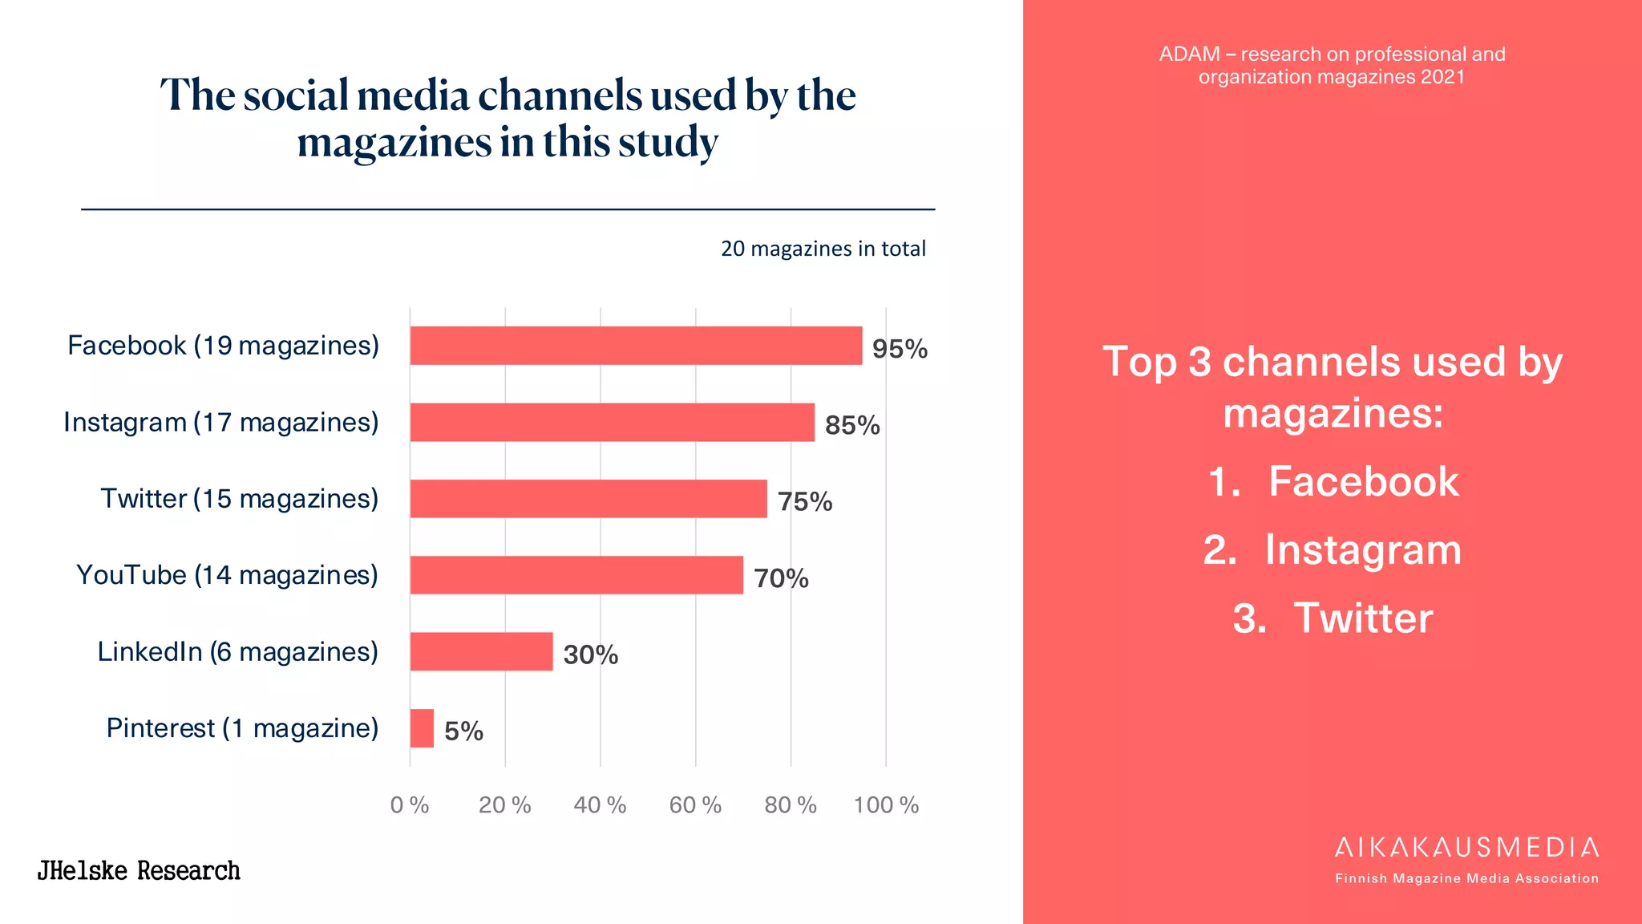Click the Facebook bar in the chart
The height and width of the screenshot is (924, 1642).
(x=636, y=346)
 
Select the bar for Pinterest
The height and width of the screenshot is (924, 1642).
(x=422, y=728)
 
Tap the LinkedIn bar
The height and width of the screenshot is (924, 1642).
(x=481, y=651)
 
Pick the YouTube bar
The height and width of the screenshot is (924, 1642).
(x=576, y=575)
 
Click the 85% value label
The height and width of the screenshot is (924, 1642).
(x=852, y=425)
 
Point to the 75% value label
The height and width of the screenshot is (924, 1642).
(x=805, y=502)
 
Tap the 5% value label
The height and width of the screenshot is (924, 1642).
(x=463, y=731)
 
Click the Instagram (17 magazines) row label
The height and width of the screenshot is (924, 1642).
(x=220, y=422)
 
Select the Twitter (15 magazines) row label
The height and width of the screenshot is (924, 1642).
(x=239, y=499)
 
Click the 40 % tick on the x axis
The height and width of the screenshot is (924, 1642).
(x=600, y=804)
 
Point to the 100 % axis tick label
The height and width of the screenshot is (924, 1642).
(x=886, y=804)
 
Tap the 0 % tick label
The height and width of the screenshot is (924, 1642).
(x=410, y=804)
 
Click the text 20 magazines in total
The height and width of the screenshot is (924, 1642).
(x=823, y=249)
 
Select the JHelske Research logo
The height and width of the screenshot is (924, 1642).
(x=139, y=871)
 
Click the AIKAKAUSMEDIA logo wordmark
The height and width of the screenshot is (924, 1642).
(x=1466, y=848)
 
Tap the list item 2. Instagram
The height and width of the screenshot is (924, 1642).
(x=1332, y=550)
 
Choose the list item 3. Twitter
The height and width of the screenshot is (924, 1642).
(x=1332, y=618)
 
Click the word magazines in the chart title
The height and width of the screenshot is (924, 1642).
(x=394, y=143)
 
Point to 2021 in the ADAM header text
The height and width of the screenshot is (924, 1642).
(x=1442, y=77)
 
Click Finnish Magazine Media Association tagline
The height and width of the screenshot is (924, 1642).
(x=1466, y=878)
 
